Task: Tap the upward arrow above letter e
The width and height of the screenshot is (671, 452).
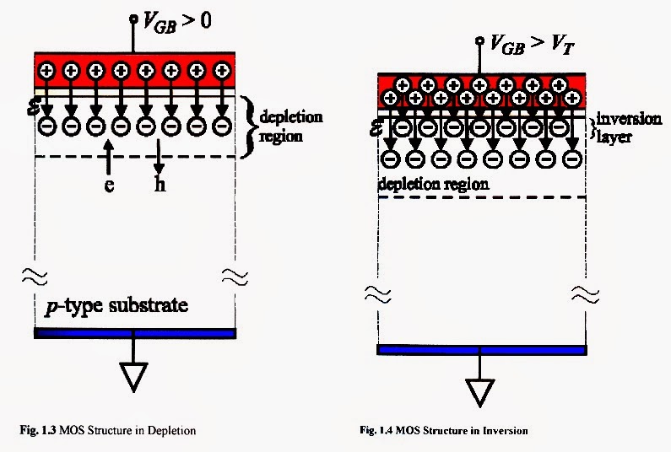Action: (109, 159)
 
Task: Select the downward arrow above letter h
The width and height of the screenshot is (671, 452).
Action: (159, 159)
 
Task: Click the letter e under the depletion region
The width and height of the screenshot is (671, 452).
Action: (109, 185)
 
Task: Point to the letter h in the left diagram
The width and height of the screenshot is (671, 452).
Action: (160, 185)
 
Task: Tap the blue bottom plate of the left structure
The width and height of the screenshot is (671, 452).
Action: (133, 333)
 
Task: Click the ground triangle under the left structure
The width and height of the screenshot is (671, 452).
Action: (134, 377)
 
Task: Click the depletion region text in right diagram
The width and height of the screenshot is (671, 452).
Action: (434, 182)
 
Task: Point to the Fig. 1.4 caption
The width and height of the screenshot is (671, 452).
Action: (443, 431)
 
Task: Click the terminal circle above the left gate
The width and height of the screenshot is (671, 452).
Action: (133, 18)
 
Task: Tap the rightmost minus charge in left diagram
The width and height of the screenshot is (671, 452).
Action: (222, 126)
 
